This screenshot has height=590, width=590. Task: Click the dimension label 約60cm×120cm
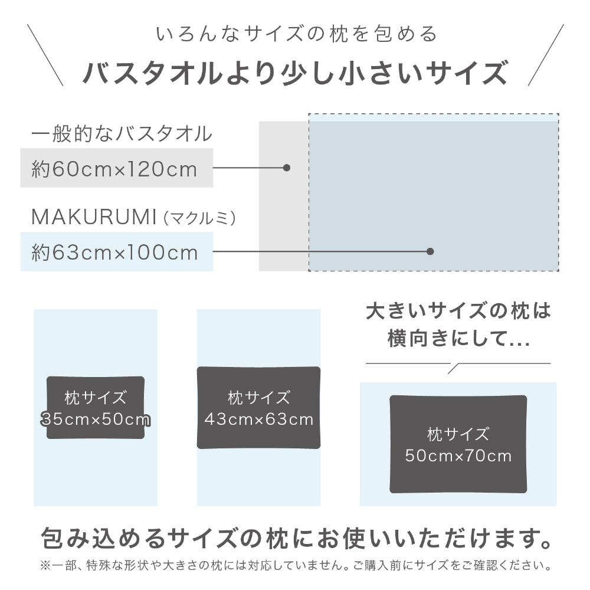click(114, 169)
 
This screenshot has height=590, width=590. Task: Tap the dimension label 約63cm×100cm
click(114, 252)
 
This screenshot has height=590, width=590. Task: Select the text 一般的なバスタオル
click(122, 133)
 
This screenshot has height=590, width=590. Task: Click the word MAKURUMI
click(94, 217)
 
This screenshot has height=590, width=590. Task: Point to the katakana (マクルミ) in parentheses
click(199, 218)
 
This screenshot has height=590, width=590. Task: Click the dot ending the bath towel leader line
click(287, 168)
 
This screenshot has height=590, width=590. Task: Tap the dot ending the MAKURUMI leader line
click(431, 251)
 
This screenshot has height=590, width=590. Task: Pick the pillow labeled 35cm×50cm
click(96, 408)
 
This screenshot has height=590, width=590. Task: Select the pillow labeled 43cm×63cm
click(259, 408)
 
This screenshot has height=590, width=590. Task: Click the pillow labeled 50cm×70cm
click(458, 444)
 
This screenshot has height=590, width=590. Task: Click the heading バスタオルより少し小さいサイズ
click(296, 73)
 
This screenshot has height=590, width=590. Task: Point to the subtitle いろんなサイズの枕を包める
click(297, 34)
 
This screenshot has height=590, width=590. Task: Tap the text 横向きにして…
click(459, 338)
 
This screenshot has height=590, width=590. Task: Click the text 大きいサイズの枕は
click(458, 311)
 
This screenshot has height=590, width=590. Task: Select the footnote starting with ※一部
click(296, 565)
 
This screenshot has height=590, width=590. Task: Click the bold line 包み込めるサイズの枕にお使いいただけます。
click(296, 538)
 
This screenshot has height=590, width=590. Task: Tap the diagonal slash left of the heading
click(45, 55)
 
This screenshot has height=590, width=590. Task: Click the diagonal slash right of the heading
click(546, 55)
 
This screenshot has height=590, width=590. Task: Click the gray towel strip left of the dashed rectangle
click(284, 196)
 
